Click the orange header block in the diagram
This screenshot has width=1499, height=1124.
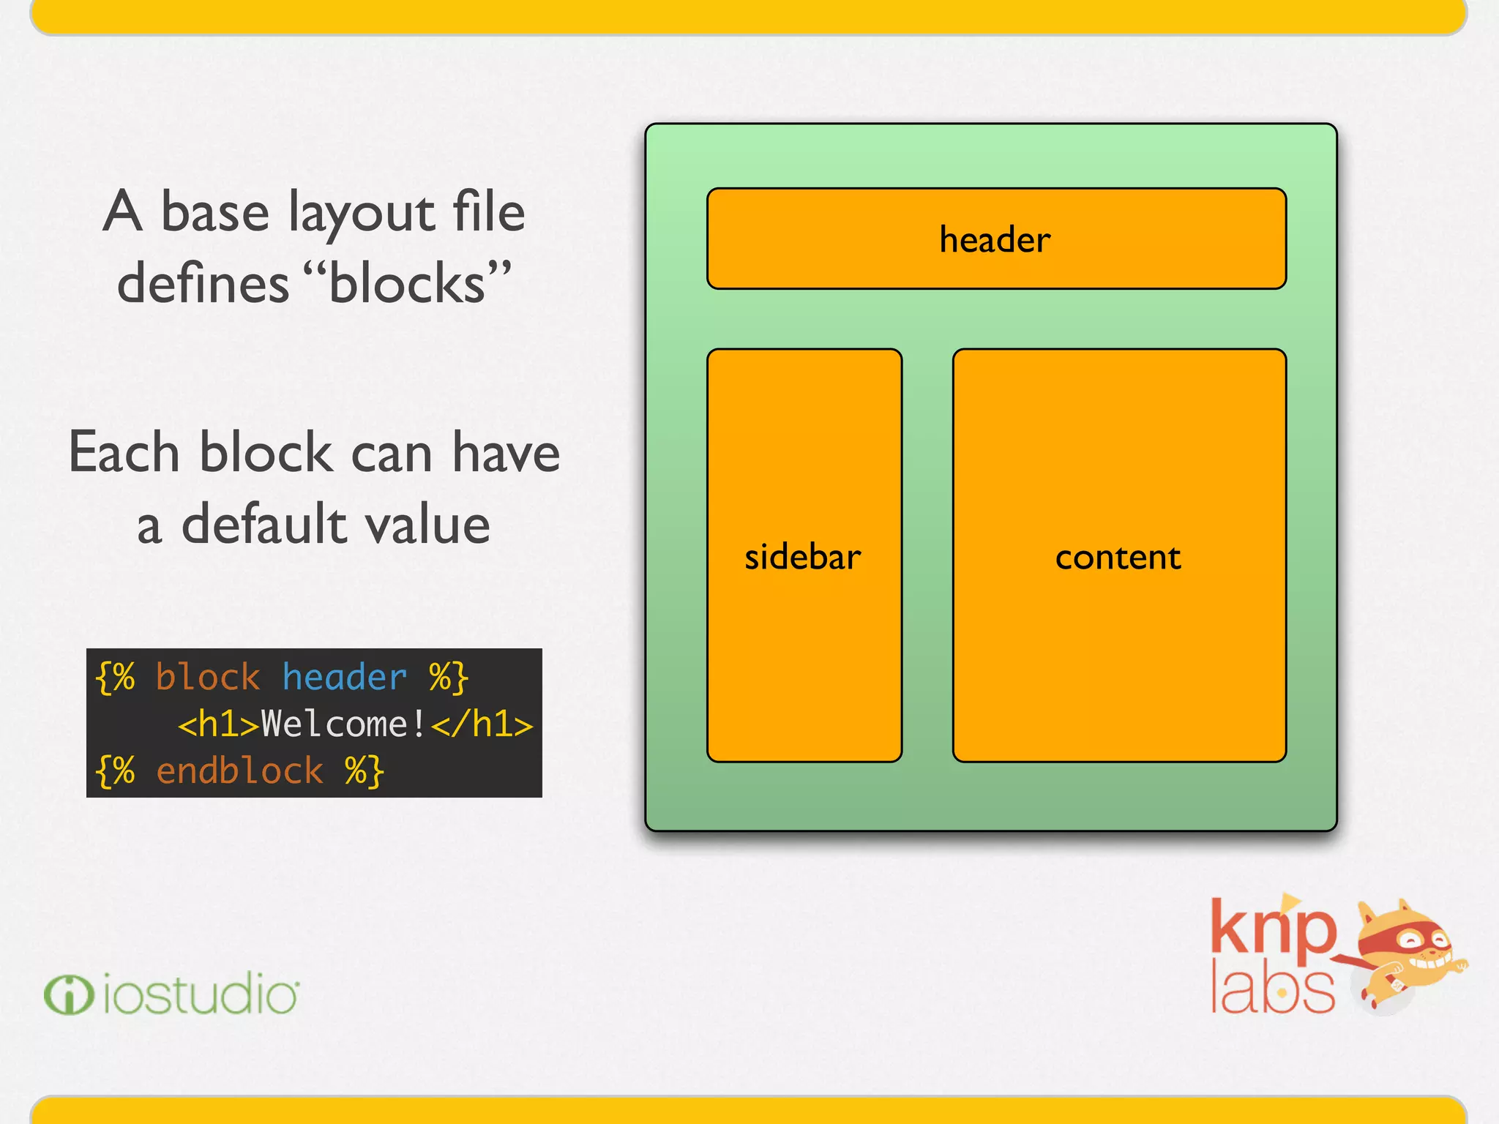pos(995,239)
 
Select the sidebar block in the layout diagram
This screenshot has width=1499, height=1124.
pos(804,556)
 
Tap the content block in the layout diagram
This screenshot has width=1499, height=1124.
pos(1118,556)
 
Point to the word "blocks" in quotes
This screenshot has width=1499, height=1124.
pos(407,284)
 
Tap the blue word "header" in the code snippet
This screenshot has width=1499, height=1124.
pos(344,677)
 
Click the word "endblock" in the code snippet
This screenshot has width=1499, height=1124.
pos(239,771)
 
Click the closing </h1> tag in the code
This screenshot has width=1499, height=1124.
pos(482,724)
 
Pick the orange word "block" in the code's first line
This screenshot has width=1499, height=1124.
pos(208,677)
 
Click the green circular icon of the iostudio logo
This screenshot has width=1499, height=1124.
pos(69,995)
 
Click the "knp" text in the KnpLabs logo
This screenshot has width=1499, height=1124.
pos(1272,928)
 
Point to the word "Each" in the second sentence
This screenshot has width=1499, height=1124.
pos(124,452)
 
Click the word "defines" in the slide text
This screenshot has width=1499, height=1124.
pos(203,284)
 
